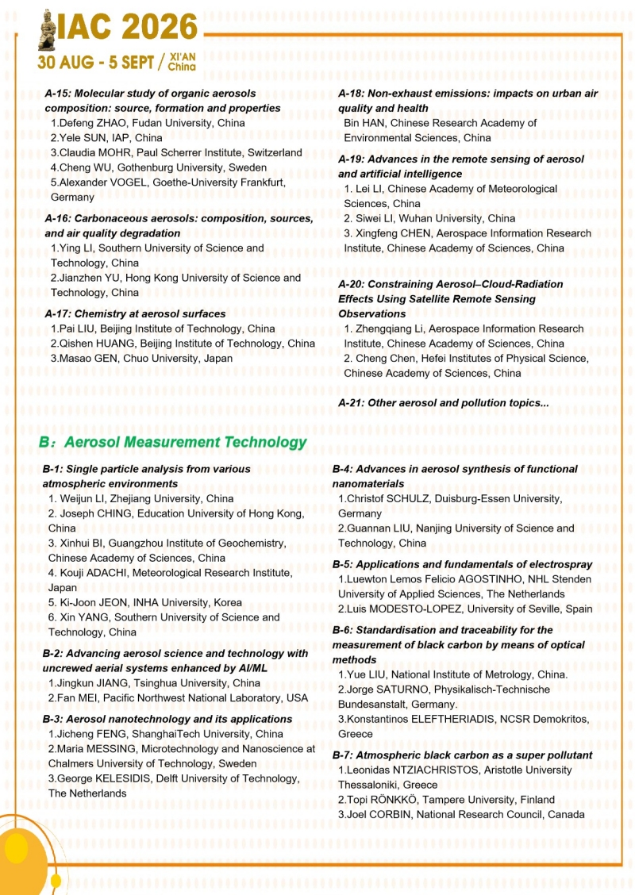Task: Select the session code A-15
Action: (x=60, y=94)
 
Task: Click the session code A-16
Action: (x=60, y=219)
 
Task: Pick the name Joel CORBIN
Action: (x=380, y=814)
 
